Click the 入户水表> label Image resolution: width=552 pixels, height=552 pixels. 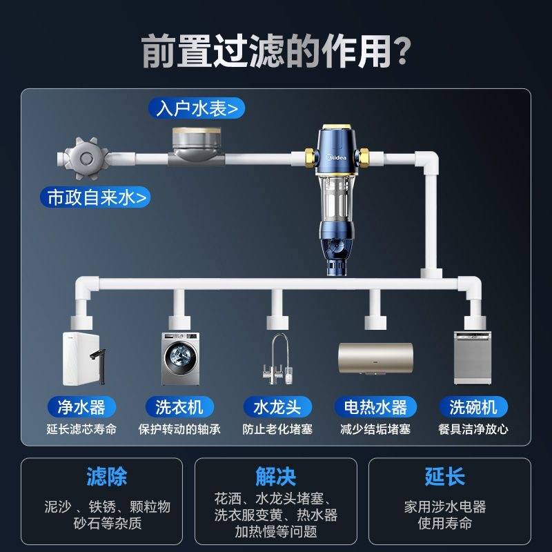(197, 108)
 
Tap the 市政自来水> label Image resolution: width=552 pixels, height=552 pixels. (95, 197)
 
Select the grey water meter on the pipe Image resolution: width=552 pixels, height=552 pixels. (197, 146)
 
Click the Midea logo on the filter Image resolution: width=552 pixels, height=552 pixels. (336, 157)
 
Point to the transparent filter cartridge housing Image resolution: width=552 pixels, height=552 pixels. (336, 199)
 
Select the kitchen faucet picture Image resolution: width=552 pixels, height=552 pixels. (278, 359)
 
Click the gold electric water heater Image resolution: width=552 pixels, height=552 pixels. (375, 358)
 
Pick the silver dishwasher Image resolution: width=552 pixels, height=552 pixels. (473, 357)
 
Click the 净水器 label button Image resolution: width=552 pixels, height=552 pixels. (81, 407)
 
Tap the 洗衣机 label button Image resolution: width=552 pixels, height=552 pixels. (179, 407)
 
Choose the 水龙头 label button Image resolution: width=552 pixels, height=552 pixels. (277, 407)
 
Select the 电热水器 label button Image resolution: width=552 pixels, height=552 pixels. (375, 407)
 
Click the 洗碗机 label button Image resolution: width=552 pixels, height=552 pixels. (473, 407)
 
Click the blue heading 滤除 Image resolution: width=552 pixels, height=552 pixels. (107, 477)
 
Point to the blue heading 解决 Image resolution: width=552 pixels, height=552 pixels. (275, 477)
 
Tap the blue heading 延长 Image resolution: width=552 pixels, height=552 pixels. (445, 477)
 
